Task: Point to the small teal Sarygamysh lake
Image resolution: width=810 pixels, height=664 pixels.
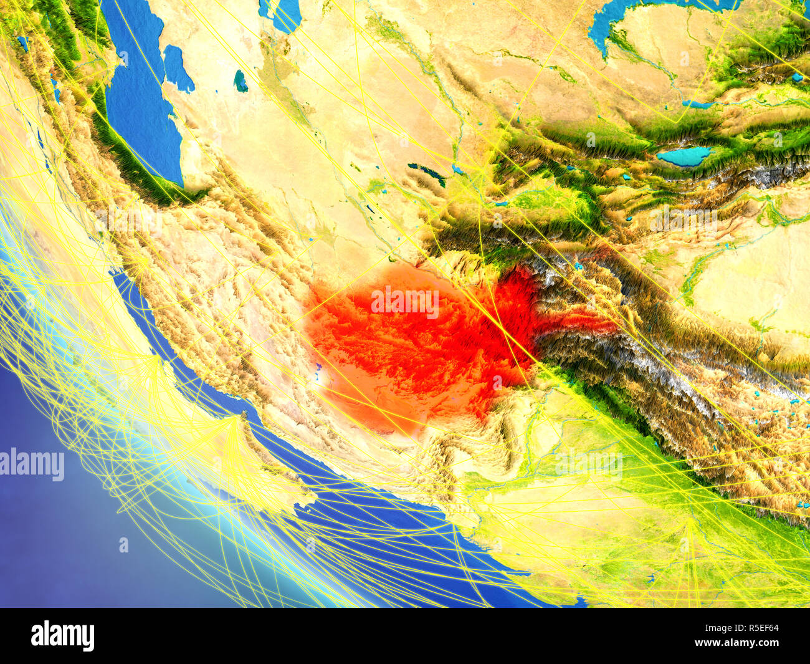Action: (240, 81)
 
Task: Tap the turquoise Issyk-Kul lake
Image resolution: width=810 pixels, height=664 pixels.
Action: (684, 156)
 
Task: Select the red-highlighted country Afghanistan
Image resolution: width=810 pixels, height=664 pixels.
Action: (411, 343)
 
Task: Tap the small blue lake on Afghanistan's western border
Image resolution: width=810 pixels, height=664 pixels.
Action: (318, 374)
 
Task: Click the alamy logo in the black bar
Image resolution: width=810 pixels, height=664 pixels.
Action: (62, 635)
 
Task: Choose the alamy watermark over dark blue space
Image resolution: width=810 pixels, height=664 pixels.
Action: (32, 465)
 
